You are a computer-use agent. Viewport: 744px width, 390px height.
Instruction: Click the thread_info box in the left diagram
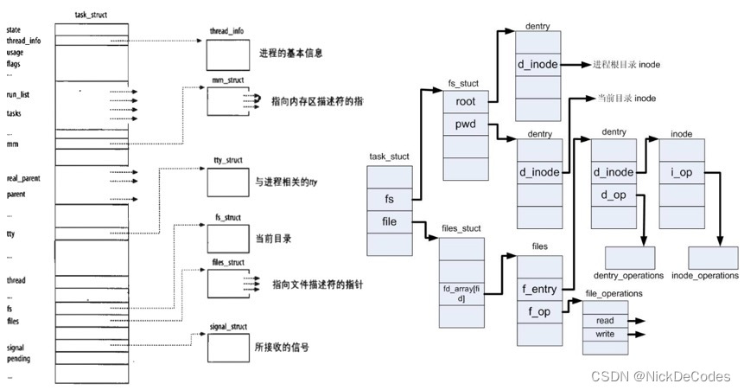227,54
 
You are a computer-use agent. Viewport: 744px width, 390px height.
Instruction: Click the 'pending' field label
18,357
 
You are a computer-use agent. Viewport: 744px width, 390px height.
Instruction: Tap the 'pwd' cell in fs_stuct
466,125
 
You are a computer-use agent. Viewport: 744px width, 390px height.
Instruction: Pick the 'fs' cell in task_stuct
390,199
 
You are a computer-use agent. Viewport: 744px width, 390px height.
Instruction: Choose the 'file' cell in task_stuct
390,222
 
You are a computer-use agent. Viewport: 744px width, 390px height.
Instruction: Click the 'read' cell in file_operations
605,320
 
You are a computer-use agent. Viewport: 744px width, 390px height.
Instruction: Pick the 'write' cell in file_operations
605,335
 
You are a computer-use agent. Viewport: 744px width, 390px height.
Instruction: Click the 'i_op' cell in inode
683,172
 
